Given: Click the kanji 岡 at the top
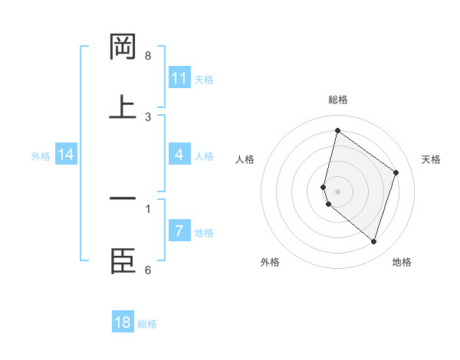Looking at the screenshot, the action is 123,48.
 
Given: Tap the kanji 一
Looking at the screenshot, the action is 123,200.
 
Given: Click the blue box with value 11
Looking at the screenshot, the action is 179,78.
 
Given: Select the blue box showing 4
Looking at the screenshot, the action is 179,155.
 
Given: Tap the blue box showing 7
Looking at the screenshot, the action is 179,231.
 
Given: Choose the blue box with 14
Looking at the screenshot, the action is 66,155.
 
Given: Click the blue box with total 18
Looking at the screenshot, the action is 123,322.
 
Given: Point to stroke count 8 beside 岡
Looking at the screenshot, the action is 148,56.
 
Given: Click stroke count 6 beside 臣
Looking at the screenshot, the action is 148,270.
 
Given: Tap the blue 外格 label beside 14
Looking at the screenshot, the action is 41,156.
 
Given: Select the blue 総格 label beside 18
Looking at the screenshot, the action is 147,324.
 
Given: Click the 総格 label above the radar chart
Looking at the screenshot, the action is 337,100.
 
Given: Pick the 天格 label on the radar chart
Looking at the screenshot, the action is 431,159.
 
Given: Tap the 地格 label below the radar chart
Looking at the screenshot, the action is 402,263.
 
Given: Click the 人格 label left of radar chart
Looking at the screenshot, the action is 245,159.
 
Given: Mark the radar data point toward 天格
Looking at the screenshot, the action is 396,172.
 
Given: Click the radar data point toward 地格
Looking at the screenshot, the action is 373,242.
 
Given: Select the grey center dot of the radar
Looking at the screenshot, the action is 337,191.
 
